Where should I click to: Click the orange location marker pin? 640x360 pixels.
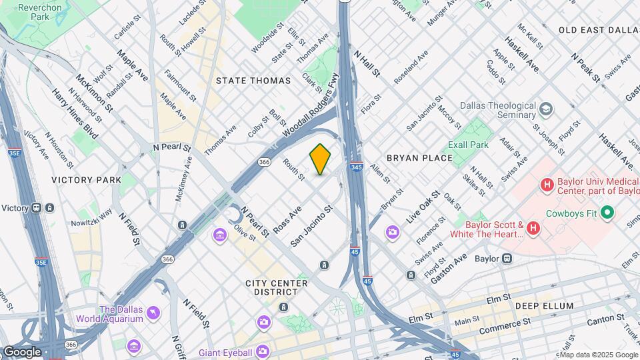[320, 159]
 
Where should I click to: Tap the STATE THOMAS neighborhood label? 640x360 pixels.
[253, 81]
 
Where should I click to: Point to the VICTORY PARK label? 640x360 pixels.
[87, 180]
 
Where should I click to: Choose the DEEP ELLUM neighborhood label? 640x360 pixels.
[544, 306]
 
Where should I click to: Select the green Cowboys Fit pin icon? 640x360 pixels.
[607, 213]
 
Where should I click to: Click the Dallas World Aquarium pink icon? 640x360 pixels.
[153, 312]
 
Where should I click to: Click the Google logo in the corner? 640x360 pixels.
[22, 351]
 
